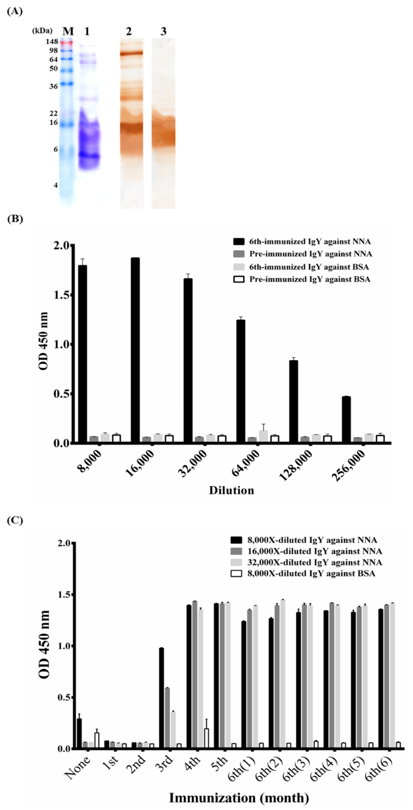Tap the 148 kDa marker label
click(52, 41)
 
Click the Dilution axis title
click(231, 490)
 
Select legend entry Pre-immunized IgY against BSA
click(310, 279)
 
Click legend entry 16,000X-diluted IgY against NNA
click(314, 551)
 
